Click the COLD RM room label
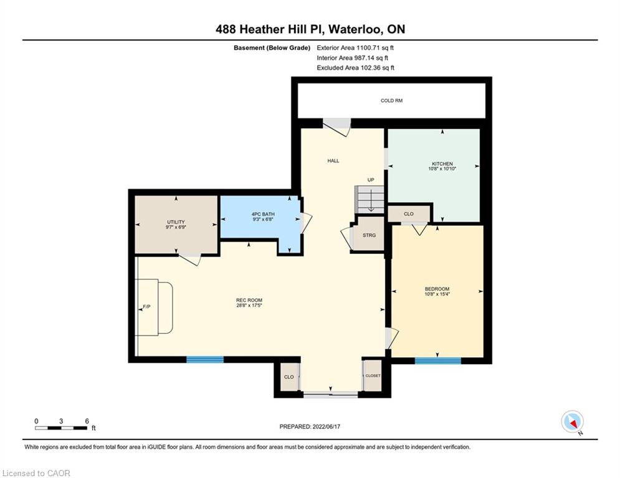click(x=391, y=101)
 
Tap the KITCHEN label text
click(x=442, y=164)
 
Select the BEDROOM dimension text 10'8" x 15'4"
click(x=437, y=294)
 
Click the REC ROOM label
click(x=249, y=300)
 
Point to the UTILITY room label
click(x=176, y=222)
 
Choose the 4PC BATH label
click(x=263, y=214)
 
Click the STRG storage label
click(x=369, y=235)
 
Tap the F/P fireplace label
click(x=146, y=307)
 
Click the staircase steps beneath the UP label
click(x=369, y=199)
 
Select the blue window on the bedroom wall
click(x=437, y=360)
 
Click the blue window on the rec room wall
click(x=205, y=360)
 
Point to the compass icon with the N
click(x=572, y=422)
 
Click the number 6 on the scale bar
click(x=87, y=421)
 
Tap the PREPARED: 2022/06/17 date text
click(x=310, y=426)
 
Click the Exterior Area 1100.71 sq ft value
click(x=355, y=48)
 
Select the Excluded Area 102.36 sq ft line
click(x=355, y=68)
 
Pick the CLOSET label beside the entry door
click(x=373, y=376)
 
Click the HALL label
click(x=333, y=161)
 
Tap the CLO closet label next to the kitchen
click(x=409, y=213)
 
